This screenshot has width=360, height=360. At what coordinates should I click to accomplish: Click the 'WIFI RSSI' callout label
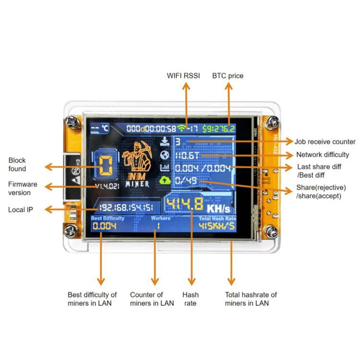pyautogui.click(x=184, y=75)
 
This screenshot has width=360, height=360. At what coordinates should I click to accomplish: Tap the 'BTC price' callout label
pyautogui.click(x=228, y=75)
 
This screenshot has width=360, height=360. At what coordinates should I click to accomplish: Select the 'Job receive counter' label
pyautogui.click(x=325, y=142)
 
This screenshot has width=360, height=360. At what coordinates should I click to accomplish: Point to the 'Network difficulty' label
pyautogui.click(x=323, y=155)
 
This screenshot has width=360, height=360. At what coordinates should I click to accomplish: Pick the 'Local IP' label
pyautogui.click(x=20, y=210)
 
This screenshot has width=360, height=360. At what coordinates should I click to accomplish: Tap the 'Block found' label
pyautogui.click(x=17, y=165)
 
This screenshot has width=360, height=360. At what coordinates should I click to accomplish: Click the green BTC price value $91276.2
pyautogui.click(x=219, y=128)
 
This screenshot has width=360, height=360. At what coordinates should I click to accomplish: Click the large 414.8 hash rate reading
pyautogui.click(x=185, y=205)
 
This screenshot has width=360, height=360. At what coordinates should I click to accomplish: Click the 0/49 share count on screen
pyautogui.click(x=186, y=180)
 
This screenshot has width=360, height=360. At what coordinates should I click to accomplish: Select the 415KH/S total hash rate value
pyautogui.click(x=217, y=227)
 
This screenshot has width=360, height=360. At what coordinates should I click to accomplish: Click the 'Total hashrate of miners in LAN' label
pyautogui.click(x=251, y=299)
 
